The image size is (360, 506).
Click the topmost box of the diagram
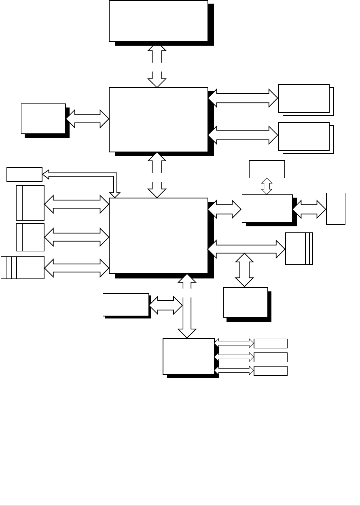[158, 21]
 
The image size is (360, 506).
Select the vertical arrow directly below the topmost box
[157, 65]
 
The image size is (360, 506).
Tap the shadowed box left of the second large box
[43, 118]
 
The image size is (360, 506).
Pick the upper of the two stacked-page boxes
[304, 98]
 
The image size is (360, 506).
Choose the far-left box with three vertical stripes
[23, 267]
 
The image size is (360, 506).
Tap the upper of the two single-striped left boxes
[30, 203]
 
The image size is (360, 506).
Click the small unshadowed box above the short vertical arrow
[267, 169]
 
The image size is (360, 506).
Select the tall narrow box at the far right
[336, 209]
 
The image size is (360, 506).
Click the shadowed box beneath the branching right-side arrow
[246, 302]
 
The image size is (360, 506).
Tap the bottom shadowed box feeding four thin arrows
[188, 356]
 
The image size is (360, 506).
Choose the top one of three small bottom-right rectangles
[270, 344]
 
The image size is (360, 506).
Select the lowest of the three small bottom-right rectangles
[270, 371]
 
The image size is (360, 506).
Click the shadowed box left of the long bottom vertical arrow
[126, 304]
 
